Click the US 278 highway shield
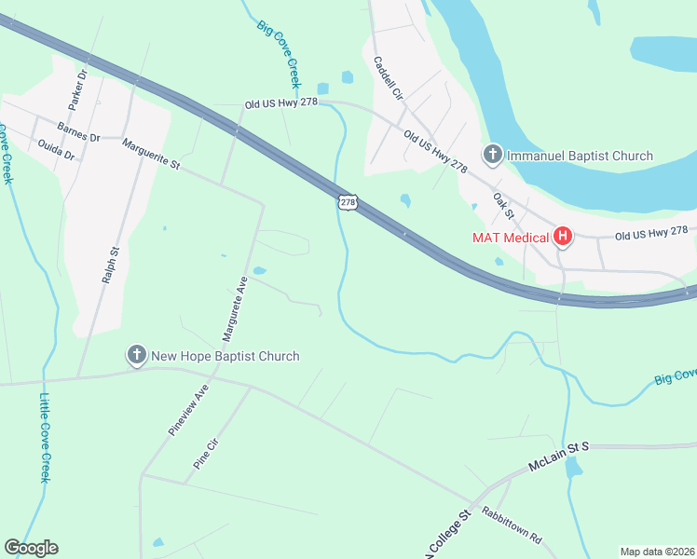point(347,201)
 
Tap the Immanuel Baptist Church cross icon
point(492,156)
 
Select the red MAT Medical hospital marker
point(563,237)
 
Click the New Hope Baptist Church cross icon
point(137,356)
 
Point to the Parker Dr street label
point(77,85)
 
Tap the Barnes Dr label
point(78,131)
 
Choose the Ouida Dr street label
point(56,149)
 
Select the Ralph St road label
point(115,265)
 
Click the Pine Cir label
point(204,452)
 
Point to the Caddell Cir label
point(387,78)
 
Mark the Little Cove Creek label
point(45,438)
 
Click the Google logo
point(31,548)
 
